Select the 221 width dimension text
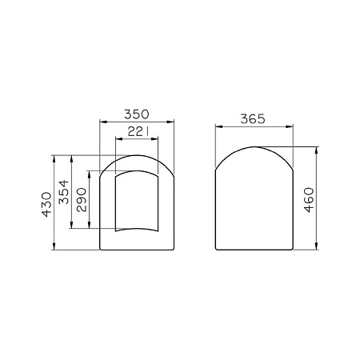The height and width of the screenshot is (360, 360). point(136,131)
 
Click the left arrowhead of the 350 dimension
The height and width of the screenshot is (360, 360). point(101,122)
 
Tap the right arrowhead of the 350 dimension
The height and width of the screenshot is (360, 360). point(172,122)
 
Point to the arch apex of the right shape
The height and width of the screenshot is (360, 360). point(255,147)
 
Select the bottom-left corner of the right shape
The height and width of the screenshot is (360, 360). point(218,249)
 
